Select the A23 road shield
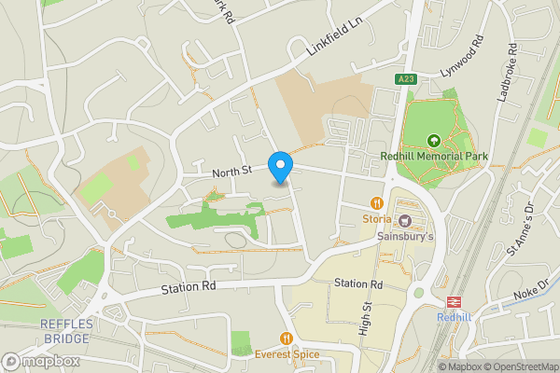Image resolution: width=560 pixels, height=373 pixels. [x=405, y=79]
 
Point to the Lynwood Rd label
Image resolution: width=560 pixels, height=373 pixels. [x=464, y=59]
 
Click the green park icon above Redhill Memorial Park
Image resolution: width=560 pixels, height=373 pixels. [x=433, y=141]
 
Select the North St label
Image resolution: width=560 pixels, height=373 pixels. [x=231, y=171]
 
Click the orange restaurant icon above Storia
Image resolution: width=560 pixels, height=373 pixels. [x=377, y=202]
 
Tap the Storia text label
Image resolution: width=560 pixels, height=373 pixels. [x=377, y=219]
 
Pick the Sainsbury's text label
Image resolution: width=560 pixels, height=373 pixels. [x=406, y=237]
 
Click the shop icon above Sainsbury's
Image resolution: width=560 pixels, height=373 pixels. [x=406, y=222]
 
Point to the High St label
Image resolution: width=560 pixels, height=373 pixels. [x=367, y=318]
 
